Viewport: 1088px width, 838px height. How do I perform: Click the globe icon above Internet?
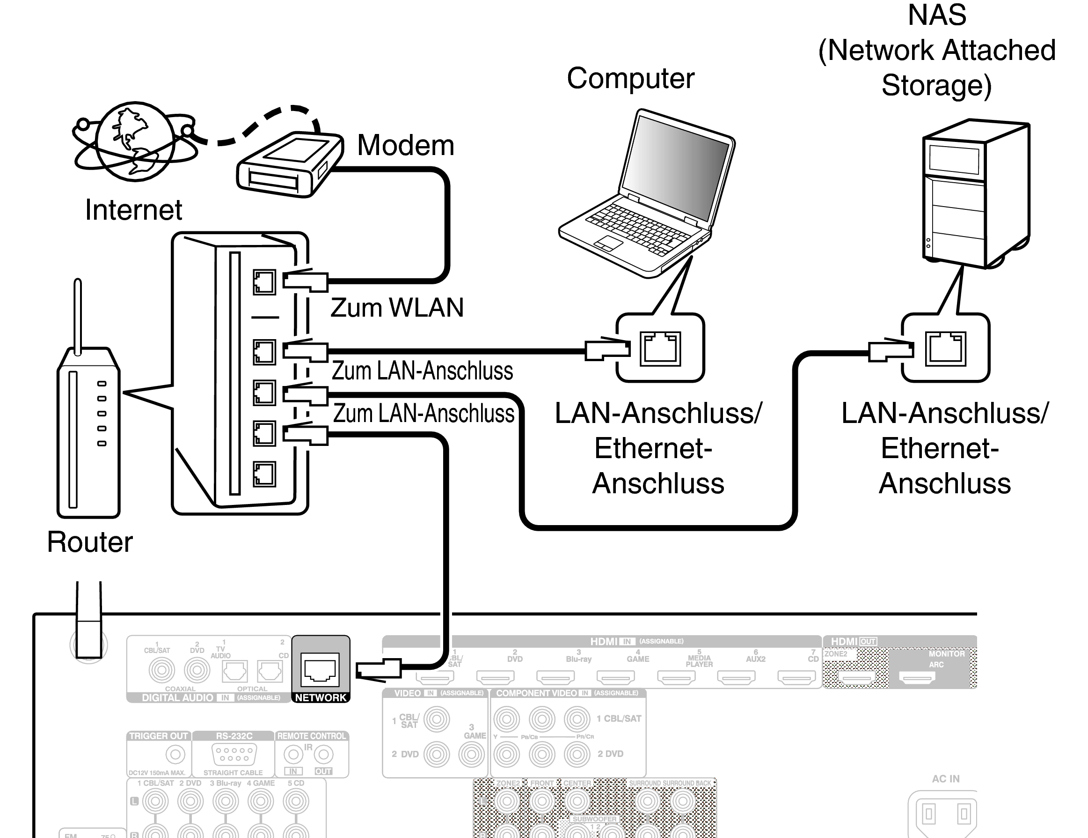(134, 141)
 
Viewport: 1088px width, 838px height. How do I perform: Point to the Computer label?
(630, 79)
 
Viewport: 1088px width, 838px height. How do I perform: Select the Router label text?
(90, 542)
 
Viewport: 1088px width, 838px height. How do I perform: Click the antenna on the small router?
(78, 314)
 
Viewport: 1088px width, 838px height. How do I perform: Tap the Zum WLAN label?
(397, 308)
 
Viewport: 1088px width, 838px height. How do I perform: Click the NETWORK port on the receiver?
(321, 669)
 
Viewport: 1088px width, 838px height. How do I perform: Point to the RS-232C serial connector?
(234, 754)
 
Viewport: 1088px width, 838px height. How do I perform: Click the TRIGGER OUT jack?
(175, 754)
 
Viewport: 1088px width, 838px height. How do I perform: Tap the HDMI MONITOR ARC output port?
(917, 677)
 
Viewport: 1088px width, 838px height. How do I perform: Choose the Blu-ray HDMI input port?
(555, 677)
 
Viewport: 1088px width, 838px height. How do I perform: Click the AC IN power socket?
(946, 814)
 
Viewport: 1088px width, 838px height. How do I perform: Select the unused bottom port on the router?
(264, 474)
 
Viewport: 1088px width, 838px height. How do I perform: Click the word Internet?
(133, 210)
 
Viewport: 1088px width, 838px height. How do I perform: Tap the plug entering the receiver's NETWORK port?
(379, 669)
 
